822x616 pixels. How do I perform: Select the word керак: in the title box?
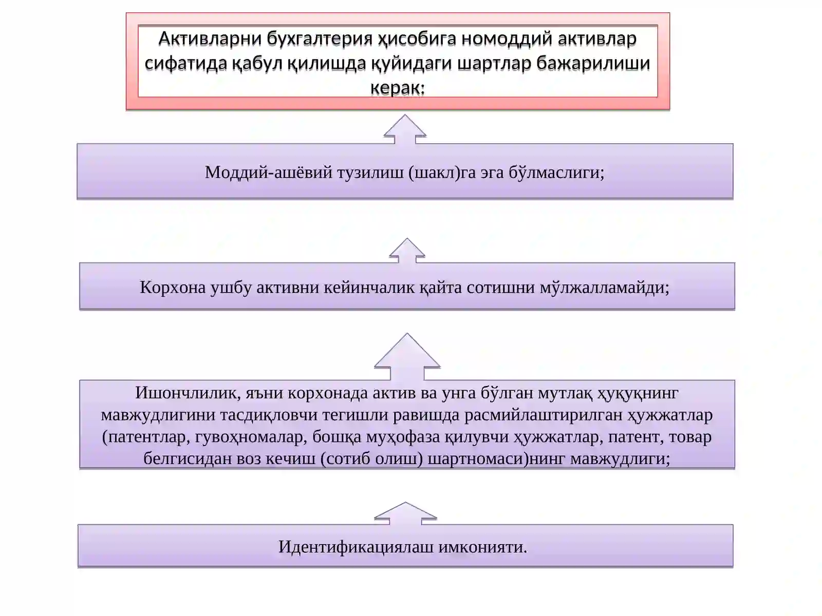(397, 88)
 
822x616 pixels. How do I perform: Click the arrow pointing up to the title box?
(405, 129)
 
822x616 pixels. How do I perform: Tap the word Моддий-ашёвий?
(269, 172)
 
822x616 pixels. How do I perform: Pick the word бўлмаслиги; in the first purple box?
(556, 172)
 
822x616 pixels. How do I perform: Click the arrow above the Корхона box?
(407, 251)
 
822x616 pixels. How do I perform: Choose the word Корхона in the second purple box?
(173, 287)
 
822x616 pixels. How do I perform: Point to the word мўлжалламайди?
(604, 287)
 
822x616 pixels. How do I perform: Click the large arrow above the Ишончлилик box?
(407, 357)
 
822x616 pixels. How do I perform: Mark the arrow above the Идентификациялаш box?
(405, 513)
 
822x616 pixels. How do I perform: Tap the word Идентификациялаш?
(356, 547)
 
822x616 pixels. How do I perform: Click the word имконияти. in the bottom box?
(483, 547)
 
